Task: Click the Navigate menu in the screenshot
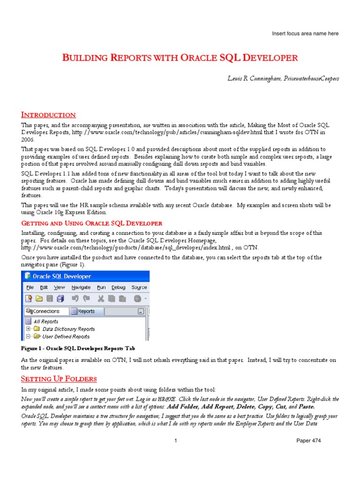click(81, 287)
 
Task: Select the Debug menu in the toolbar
click(118, 287)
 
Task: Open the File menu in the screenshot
click(30, 287)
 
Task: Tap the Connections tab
click(45, 311)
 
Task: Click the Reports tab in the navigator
click(86, 311)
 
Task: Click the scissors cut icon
click(100, 299)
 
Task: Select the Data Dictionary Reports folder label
click(68, 329)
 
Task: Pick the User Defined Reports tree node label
click(66, 337)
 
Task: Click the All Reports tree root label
click(46, 322)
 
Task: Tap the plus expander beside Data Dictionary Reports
click(28, 329)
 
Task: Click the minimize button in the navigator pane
click(141, 311)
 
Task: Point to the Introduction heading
click(48, 115)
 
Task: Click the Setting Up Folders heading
click(59, 378)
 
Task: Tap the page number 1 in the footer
click(175, 441)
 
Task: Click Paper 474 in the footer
click(309, 441)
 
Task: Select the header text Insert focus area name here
click(305, 34)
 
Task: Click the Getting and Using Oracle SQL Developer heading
click(92, 223)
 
